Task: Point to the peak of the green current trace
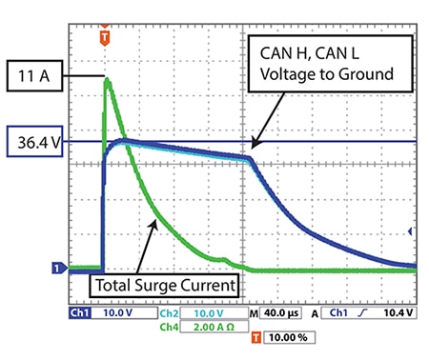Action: (x=107, y=82)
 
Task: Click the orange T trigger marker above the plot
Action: (x=104, y=36)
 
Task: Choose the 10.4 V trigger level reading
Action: (x=399, y=312)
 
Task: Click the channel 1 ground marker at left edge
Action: (x=58, y=269)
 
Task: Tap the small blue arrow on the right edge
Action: (x=411, y=230)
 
